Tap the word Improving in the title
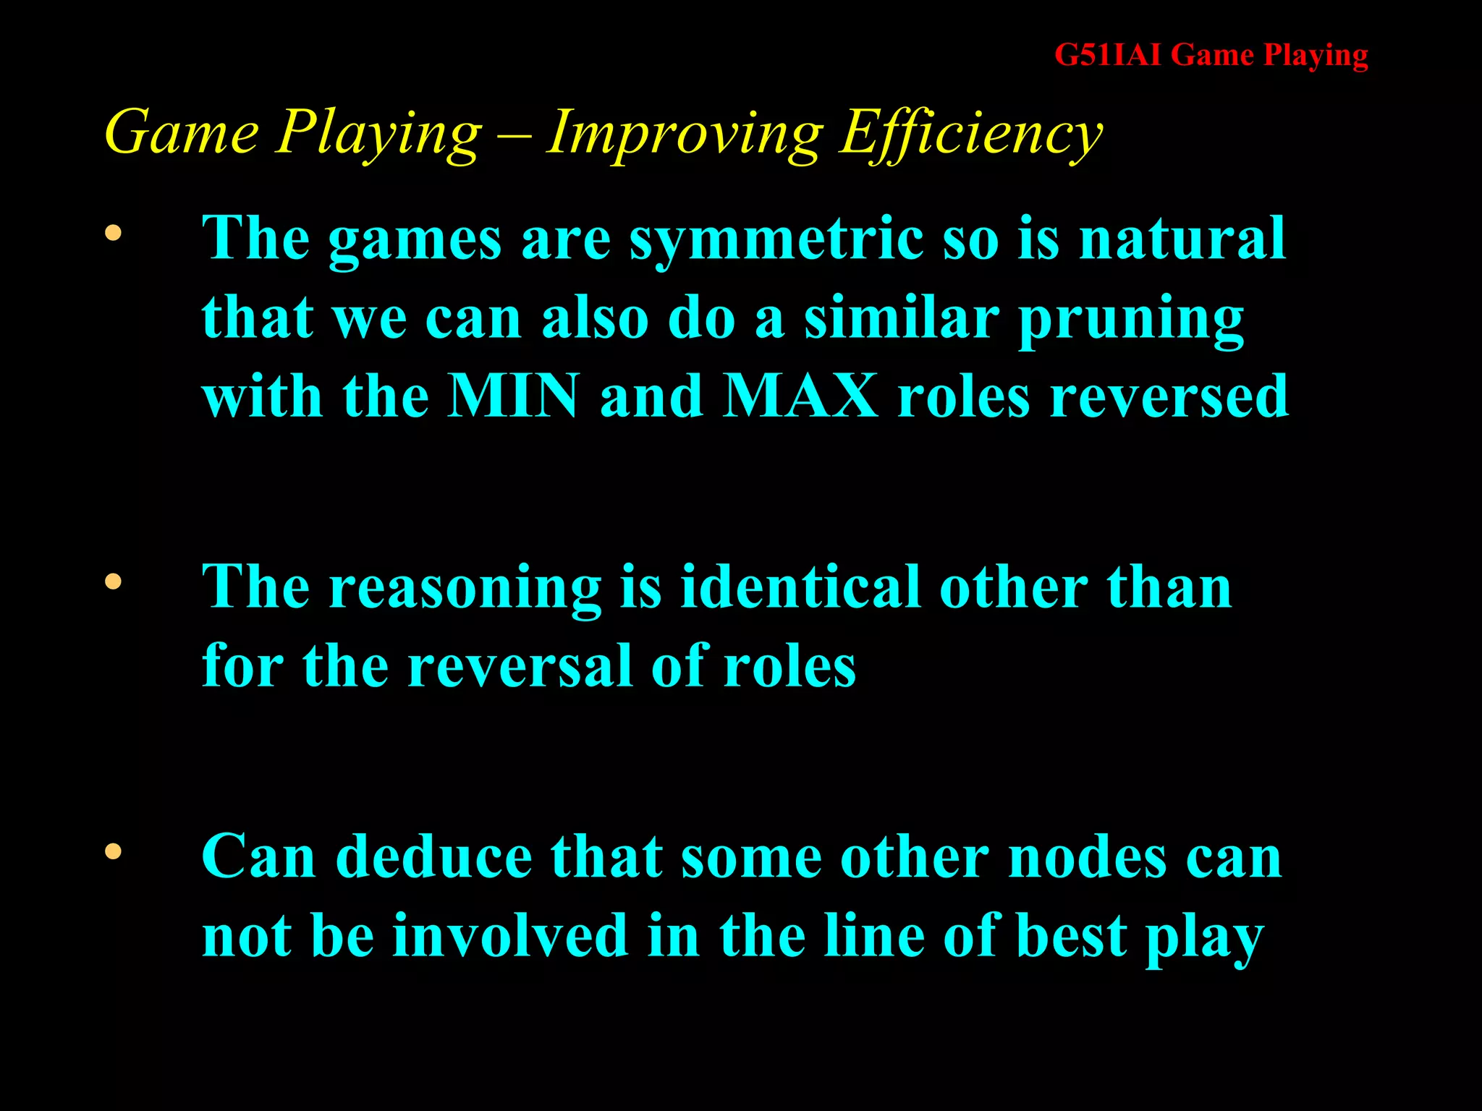tap(685, 134)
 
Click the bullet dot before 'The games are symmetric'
tap(113, 233)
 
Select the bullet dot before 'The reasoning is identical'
tap(113, 582)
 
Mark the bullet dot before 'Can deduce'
tap(113, 851)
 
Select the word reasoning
tap(465, 589)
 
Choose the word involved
tap(510, 936)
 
